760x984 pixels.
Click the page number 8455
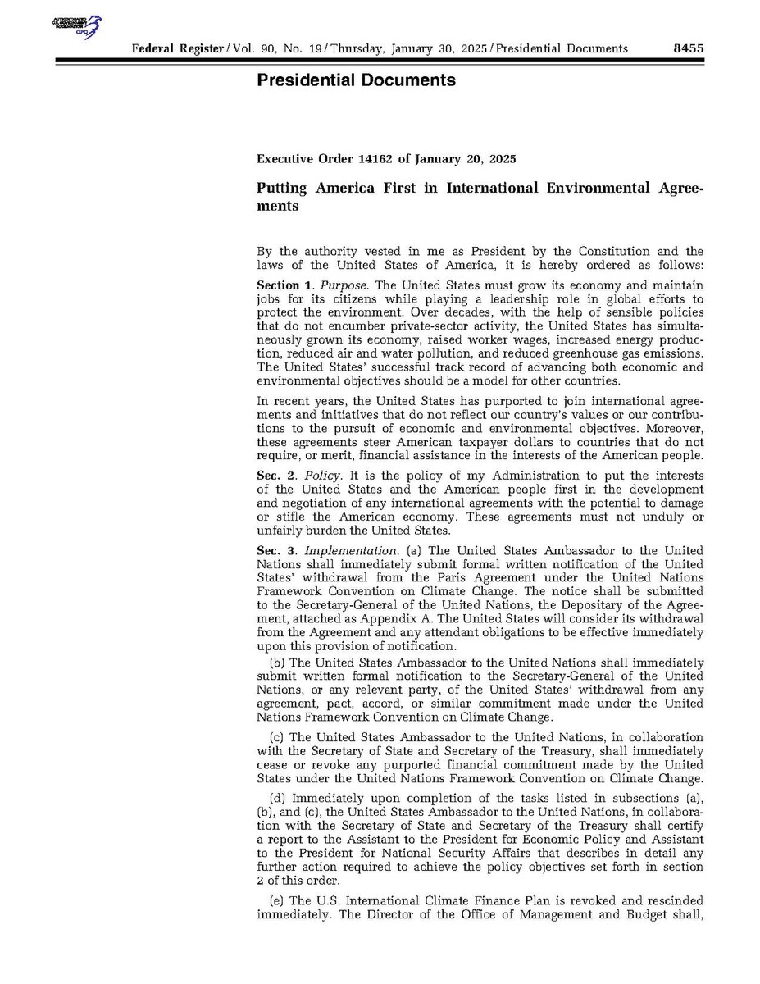(688, 48)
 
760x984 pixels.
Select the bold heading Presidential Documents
(356, 80)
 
